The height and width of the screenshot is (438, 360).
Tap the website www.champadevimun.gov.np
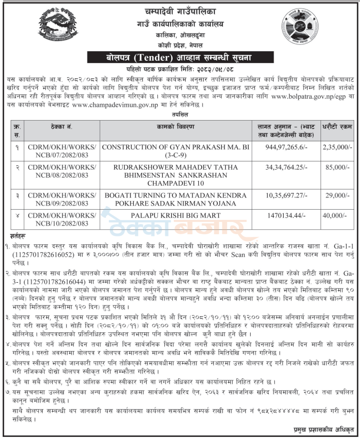[117, 106]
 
